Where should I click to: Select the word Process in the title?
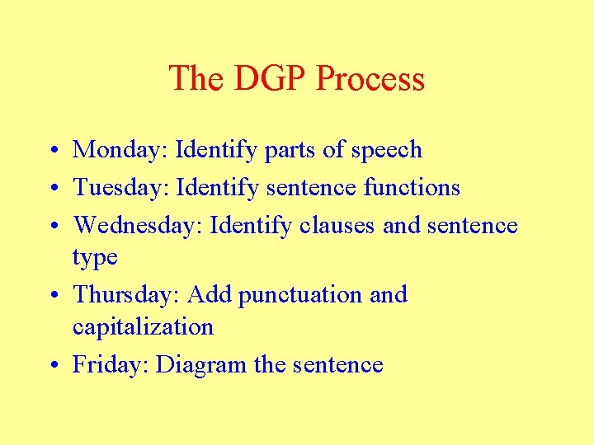click(370, 79)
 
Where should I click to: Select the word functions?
click(412, 188)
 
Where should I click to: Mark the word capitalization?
click(143, 327)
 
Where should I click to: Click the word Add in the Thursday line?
click(210, 295)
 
